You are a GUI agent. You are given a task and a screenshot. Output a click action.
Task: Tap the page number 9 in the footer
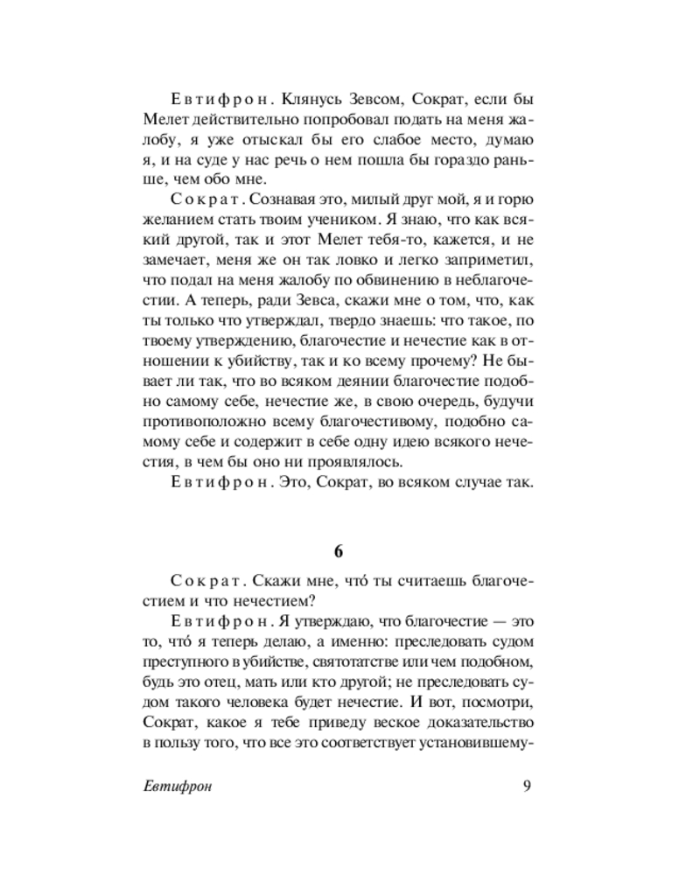(x=527, y=785)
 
